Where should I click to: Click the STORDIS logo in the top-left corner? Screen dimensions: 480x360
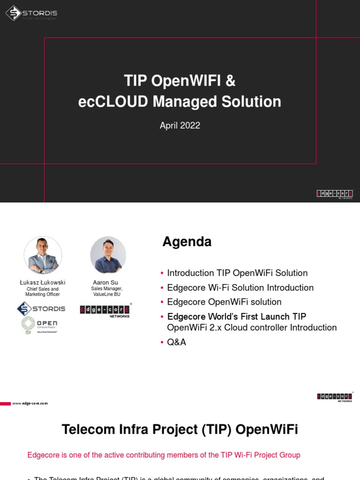[x=31, y=14]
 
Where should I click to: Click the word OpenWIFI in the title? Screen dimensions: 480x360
[x=186, y=81]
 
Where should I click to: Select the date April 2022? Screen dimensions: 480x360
[x=180, y=125]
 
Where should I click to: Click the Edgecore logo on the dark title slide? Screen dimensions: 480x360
[x=335, y=194]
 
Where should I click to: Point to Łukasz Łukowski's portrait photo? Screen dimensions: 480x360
[x=43, y=255]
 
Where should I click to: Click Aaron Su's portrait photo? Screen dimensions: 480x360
[x=108, y=255]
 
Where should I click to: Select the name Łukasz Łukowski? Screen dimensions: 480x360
[x=43, y=283]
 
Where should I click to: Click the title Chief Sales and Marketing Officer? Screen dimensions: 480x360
[x=43, y=292]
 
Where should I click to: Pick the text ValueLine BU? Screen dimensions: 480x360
[x=107, y=294]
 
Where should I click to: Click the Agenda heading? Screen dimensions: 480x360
[x=187, y=242]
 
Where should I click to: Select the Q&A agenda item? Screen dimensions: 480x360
[x=176, y=342]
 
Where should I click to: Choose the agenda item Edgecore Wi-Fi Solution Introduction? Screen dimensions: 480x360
[x=240, y=287]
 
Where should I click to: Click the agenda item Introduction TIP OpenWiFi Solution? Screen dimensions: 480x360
[x=237, y=273]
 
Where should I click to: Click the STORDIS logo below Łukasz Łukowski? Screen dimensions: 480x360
[x=41, y=308]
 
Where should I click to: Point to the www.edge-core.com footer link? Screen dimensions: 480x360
[x=30, y=403]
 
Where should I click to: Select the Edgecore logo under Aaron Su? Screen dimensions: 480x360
[x=105, y=310]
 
